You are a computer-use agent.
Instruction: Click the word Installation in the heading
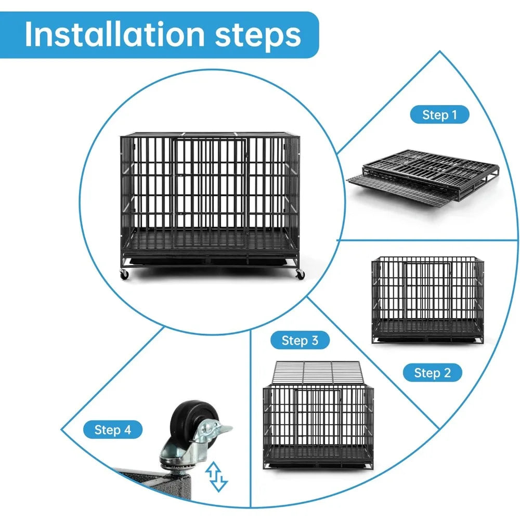[114, 34]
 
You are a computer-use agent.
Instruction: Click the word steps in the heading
[258, 35]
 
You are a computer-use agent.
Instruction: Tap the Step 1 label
[439, 115]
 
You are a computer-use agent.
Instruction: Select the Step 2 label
[433, 373]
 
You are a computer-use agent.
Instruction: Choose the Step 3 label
[300, 340]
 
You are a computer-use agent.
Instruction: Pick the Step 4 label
[113, 430]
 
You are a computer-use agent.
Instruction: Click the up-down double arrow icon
[216, 476]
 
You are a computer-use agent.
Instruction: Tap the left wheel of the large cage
[124, 274]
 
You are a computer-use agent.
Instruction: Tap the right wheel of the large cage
[300, 274]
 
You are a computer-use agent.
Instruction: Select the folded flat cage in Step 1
[423, 177]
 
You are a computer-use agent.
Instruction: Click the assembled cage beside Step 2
[428, 300]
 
